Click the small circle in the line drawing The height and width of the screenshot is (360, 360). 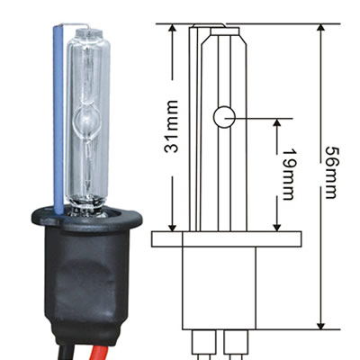[223, 117]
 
